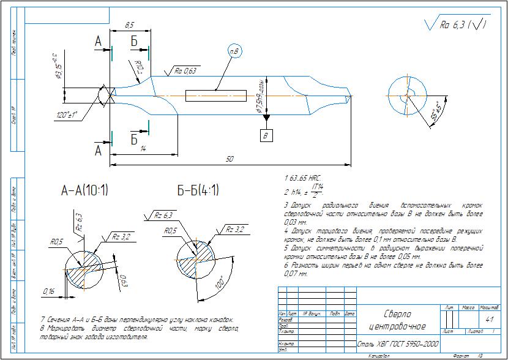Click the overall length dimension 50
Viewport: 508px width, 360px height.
(x=230, y=159)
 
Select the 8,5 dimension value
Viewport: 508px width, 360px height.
(x=129, y=26)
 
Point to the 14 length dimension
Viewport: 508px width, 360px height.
(x=142, y=149)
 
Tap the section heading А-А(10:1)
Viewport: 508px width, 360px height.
(x=84, y=191)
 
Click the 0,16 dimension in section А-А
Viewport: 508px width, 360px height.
(x=48, y=290)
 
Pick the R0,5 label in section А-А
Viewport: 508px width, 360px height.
(x=57, y=242)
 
